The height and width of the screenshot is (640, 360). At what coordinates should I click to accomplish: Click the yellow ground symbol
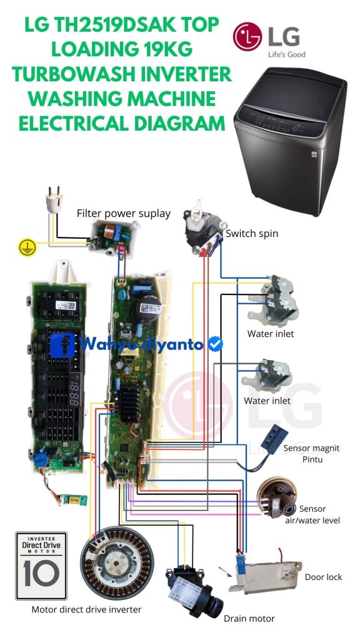[27, 247]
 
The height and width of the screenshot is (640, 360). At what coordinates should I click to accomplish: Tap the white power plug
[54, 199]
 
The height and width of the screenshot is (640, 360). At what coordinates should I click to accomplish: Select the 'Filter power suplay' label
[124, 213]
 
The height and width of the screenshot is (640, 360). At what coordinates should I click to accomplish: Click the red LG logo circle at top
[247, 37]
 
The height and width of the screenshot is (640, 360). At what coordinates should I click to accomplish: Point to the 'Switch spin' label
[252, 234]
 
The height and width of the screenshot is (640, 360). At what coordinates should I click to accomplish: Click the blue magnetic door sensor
[275, 439]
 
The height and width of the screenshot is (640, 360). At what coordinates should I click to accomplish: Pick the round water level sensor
[277, 497]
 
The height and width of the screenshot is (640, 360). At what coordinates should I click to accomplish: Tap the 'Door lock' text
[323, 577]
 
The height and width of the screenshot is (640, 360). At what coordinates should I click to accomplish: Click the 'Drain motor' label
[249, 618]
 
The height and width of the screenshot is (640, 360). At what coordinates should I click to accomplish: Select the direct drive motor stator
[117, 562]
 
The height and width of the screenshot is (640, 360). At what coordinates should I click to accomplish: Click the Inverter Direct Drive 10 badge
[41, 565]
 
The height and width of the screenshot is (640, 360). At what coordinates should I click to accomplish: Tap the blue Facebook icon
[62, 345]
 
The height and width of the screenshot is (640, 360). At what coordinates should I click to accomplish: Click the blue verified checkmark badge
[216, 344]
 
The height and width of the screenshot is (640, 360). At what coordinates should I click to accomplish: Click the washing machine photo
[290, 141]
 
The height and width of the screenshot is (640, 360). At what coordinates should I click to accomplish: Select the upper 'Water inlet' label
[271, 334]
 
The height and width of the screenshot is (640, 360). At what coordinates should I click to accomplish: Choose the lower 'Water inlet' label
[267, 401]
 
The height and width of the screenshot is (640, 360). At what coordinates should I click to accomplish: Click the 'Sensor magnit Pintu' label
[311, 454]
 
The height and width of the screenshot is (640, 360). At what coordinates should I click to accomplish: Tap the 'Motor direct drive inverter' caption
[86, 609]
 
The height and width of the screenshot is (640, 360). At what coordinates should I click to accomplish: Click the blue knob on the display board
[41, 459]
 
